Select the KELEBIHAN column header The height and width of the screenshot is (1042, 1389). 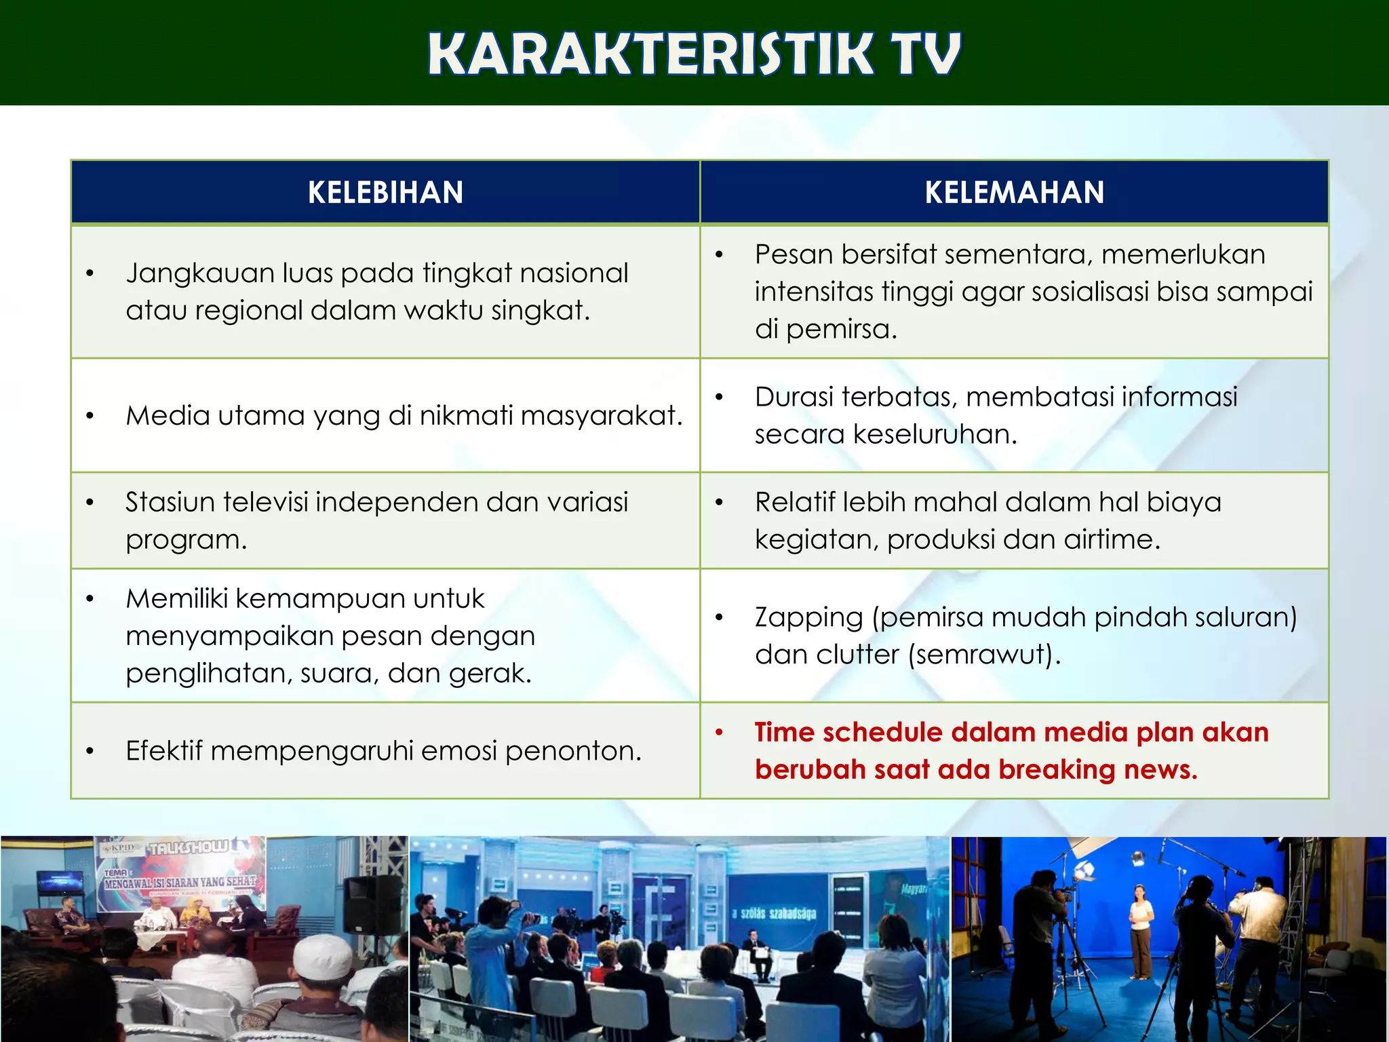[x=385, y=193]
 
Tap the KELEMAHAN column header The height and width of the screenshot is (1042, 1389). [x=1014, y=193]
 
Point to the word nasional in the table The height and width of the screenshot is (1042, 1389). [x=579, y=273]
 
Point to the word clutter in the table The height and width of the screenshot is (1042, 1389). [x=857, y=655]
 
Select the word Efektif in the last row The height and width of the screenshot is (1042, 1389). [x=163, y=751]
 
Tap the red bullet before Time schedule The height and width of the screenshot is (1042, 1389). [x=720, y=733]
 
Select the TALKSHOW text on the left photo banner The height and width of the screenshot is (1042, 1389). [x=189, y=848]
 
